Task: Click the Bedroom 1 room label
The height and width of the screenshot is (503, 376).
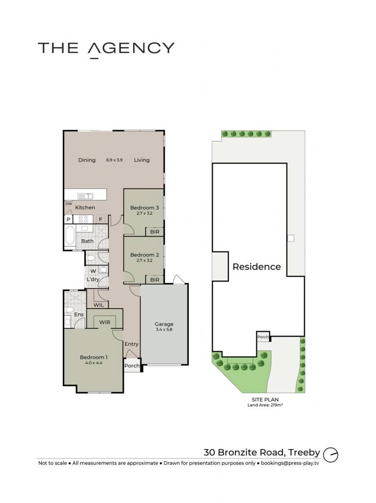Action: (x=94, y=357)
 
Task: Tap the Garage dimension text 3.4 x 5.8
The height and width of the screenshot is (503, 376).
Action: (x=164, y=330)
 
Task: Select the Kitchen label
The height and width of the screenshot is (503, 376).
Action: (x=85, y=208)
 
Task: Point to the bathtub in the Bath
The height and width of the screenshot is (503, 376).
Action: (x=70, y=236)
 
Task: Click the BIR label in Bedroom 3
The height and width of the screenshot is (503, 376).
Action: (x=155, y=232)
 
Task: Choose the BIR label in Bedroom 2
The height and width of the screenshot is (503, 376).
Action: (x=155, y=280)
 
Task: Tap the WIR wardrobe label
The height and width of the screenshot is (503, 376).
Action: (x=105, y=322)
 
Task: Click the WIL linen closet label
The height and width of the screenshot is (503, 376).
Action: (x=99, y=305)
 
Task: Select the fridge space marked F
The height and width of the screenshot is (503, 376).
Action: (x=101, y=220)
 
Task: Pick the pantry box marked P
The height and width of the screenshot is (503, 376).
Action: (x=68, y=220)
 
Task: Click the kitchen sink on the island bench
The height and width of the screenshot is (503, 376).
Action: (x=85, y=196)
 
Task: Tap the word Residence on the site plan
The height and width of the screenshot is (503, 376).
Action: (x=256, y=267)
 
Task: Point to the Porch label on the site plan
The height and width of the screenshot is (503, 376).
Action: (x=263, y=337)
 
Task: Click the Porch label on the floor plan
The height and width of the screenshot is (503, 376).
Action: (x=132, y=365)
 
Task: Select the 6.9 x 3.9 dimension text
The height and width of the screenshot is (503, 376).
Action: (x=114, y=160)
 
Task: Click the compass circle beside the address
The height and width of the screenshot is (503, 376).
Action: (x=330, y=454)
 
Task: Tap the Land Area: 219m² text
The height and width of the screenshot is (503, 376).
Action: (x=265, y=405)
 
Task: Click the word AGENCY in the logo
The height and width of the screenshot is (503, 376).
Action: (x=131, y=49)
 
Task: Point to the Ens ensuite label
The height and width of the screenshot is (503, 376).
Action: (x=79, y=315)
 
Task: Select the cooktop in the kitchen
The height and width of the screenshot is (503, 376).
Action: (x=83, y=220)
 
